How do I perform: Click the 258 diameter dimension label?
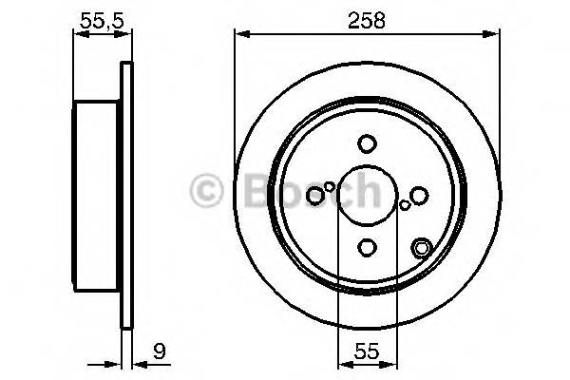[367, 20]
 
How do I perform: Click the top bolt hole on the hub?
[367, 144]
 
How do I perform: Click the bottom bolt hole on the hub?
[367, 248]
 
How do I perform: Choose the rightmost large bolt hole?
[419, 196]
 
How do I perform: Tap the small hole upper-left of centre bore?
[330, 186]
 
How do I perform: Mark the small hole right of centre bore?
[405, 204]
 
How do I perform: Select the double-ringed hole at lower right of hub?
[421, 250]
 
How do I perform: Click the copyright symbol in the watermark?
[207, 191]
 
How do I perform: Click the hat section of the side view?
[98, 196]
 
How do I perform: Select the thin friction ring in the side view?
[124, 196]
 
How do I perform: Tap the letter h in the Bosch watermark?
[365, 191]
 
